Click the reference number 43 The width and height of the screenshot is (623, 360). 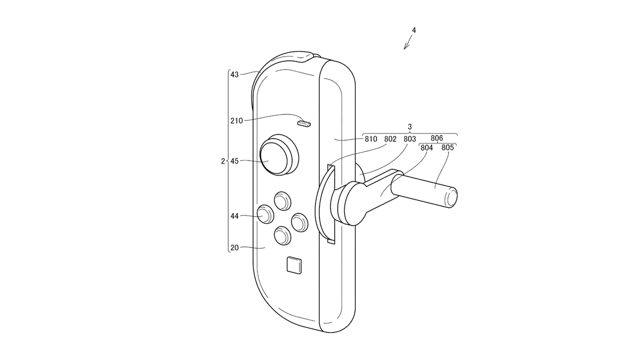click(234, 75)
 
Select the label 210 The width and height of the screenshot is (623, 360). click(236, 121)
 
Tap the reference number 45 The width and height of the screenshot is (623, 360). click(234, 161)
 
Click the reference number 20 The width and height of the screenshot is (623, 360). click(234, 248)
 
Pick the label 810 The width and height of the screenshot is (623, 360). click(371, 139)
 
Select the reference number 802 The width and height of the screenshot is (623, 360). click(390, 139)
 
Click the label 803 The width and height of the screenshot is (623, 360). click(410, 139)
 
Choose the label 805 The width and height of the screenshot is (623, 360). click(448, 148)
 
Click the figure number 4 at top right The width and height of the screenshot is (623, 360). click(414, 30)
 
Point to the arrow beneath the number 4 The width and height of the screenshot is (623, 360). click(408, 44)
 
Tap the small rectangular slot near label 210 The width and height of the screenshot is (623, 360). click(303, 124)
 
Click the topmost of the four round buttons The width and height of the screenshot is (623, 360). click(282, 201)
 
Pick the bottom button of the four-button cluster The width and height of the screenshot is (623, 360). click(282, 236)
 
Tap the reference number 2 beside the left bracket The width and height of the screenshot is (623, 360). click(222, 161)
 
